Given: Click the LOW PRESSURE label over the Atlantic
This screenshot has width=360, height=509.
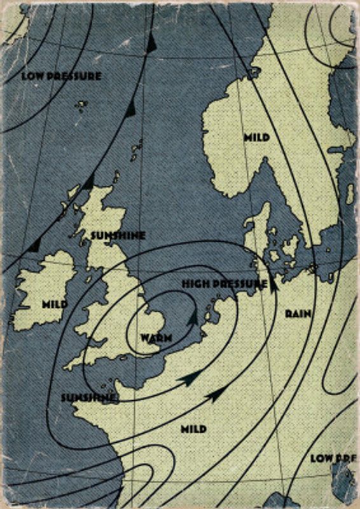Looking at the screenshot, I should click(x=61, y=76).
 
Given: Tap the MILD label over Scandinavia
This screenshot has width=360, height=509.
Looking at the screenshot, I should click(x=256, y=137).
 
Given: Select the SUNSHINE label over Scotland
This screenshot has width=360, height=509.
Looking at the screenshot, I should click(x=118, y=235).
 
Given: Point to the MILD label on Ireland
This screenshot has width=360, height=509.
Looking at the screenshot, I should click(x=55, y=304).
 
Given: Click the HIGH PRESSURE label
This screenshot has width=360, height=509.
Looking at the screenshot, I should click(x=224, y=283).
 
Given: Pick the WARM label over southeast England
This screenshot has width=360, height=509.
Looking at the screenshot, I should click(x=156, y=337).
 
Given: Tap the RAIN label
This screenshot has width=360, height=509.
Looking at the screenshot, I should click(x=298, y=313).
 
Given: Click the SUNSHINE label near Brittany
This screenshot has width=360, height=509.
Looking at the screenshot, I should click(x=88, y=397).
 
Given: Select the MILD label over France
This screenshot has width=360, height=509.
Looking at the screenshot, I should click(x=193, y=429).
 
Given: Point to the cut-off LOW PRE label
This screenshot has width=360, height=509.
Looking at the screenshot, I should click(x=331, y=457).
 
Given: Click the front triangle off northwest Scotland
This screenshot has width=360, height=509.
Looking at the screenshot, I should click(x=87, y=183).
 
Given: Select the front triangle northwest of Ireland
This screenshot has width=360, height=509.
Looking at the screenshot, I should click(x=35, y=244).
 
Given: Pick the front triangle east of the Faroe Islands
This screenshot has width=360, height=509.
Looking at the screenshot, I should click(x=130, y=109).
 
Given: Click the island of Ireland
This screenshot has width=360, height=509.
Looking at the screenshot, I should click(x=45, y=293).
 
